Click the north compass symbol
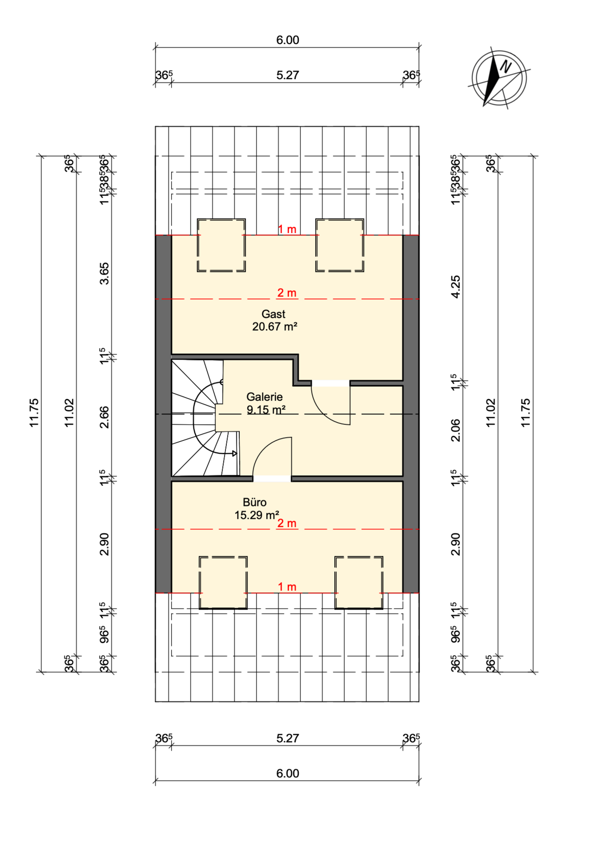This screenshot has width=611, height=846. tap(499, 78)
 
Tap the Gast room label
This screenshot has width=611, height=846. tap(273, 314)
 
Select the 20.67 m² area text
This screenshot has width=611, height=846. tap(275, 327)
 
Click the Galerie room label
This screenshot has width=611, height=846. tap(264, 397)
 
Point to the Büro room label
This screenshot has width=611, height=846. tap(255, 502)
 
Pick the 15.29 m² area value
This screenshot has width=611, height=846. tap(257, 515)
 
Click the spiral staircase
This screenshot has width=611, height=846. tap(205, 418)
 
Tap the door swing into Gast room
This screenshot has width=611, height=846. tap(331, 405)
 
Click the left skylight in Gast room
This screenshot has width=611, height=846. tap(221, 245)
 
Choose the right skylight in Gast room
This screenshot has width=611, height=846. tap(340, 245)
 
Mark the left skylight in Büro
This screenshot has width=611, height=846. tap(223, 583)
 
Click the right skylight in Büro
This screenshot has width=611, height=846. tap(359, 583)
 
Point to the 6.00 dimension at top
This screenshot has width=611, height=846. tap(287, 40)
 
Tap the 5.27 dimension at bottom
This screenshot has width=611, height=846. tap(287, 738)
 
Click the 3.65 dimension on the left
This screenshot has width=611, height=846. tap(104, 274)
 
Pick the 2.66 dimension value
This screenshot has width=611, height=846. tap(104, 417)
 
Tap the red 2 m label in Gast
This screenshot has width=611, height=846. tap(287, 293)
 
